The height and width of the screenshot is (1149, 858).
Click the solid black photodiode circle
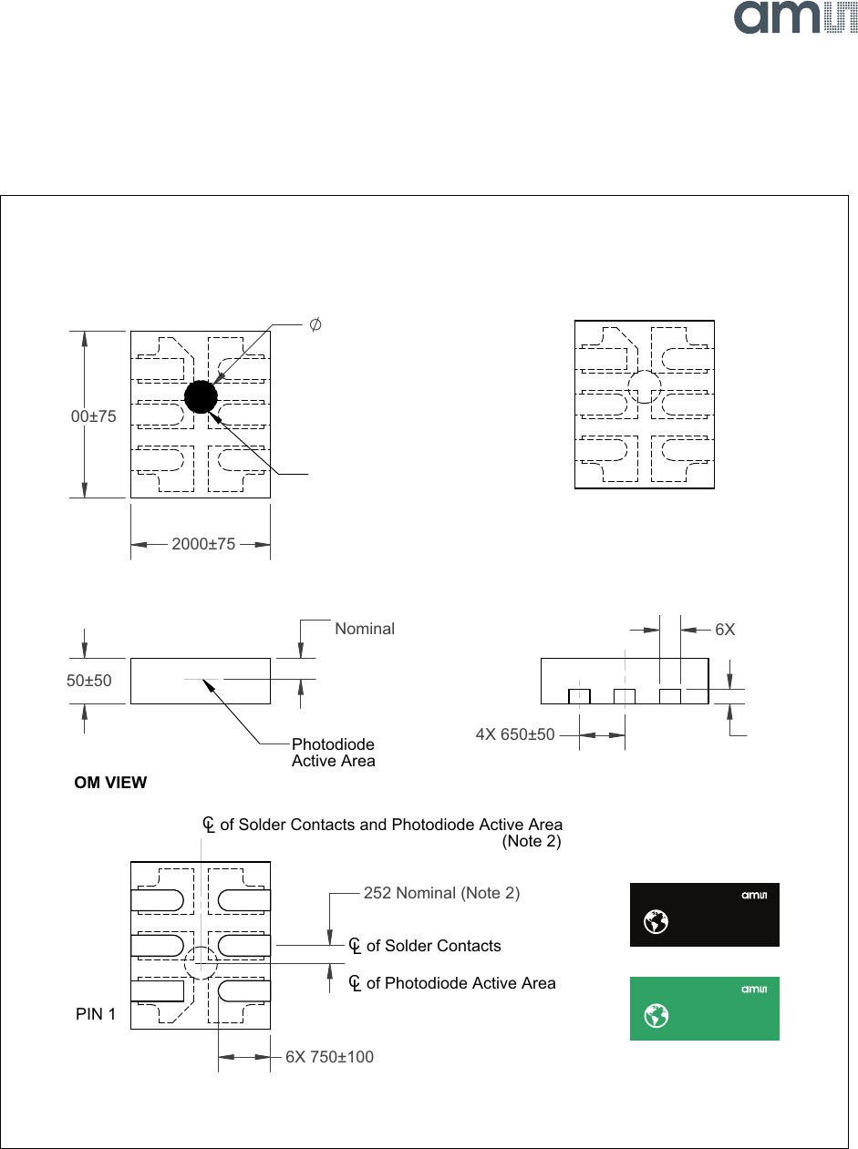(x=201, y=396)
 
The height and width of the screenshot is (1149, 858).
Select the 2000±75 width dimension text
(x=203, y=544)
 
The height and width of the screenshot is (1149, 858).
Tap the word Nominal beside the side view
(x=365, y=629)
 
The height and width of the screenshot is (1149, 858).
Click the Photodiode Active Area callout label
(x=333, y=753)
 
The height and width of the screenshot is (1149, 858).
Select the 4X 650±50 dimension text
(x=515, y=734)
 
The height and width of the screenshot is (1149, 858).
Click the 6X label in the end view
(x=725, y=630)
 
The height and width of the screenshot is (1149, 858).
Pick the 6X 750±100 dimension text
(x=329, y=1057)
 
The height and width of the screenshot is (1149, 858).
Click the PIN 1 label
(x=96, y=1013)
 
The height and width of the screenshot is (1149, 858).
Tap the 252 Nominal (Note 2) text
(x=441, y=893)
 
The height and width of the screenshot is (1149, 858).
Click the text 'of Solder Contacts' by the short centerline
(x=433, y=946)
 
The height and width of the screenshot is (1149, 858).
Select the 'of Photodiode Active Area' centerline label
(x=460, y=983)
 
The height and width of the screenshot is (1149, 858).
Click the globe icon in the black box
(x=655, y=922)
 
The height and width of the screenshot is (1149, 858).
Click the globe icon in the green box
(x=655, y=1016)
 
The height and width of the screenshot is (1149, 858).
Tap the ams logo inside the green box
(x=754, y=989)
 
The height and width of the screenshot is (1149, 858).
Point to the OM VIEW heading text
(x=110, y=783)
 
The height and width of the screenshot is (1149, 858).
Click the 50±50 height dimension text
(x=89, y=681)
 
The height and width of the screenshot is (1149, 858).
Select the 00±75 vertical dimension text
(x=94, y=416)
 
